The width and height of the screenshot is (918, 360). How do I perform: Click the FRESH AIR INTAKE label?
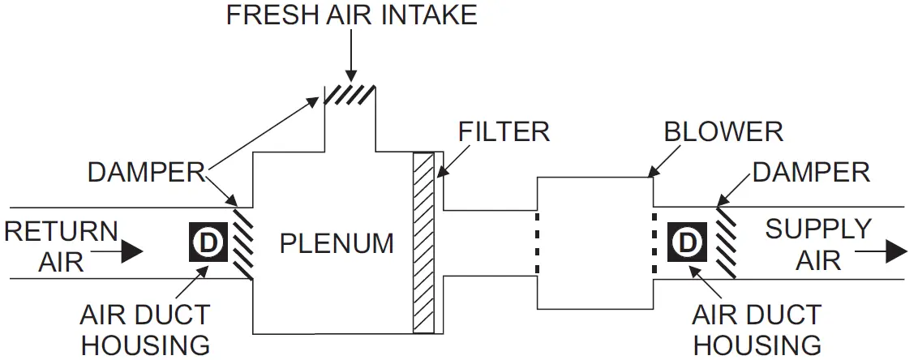pyautogui.click(x=351, y=15)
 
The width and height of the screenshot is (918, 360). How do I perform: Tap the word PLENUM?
pyautogui.click(x=337, y=242)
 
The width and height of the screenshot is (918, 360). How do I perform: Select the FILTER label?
pyautogui.click(x=503, y=131)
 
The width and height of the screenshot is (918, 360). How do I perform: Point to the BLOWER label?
pyautogui.click(x=723, y=131)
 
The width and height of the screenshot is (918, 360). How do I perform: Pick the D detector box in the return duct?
pyautogui.click(x=208, y=242)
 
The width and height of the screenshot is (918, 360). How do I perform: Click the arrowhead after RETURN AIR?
pyautogui.click(x=133, y=252)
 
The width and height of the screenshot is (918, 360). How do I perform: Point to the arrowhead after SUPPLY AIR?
pyautogui.click(x=894, y=252)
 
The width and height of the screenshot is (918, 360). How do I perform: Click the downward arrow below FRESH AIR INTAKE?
pyautogui.click(x=350, y=61)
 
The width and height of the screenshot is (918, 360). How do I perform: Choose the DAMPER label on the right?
pyautogui.click(x=810, y=172)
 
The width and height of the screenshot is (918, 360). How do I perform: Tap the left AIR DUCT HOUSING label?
pyautogui.click(x=146, y=329)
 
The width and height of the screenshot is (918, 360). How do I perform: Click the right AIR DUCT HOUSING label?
pyautogui.click(x=757, y=328)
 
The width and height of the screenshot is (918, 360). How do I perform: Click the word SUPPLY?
pyautogui.click(x=818, y=229)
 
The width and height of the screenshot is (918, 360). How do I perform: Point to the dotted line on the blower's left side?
pyautogui.click(x=537, y=242)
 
